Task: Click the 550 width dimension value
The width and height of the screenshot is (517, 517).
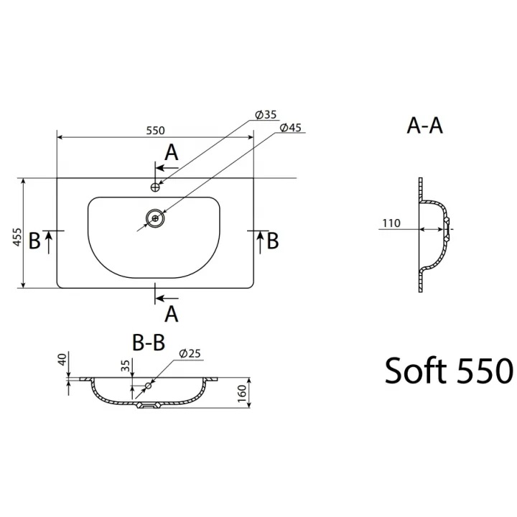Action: point(155,131)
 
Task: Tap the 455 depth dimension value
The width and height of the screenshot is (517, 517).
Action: point(17,237)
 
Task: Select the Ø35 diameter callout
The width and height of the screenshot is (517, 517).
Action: point(266,114)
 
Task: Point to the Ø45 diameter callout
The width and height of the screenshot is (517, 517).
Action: point(291,127)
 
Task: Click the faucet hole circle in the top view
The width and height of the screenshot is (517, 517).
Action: point(155,187)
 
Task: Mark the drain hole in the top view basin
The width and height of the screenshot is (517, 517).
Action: point(155,218)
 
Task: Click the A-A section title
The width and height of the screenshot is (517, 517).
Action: point(424,126)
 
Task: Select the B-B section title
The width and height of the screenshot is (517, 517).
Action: point(149,343)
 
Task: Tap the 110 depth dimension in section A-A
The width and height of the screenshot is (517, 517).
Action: point(391,223)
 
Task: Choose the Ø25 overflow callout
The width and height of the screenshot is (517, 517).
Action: point(190,353)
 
